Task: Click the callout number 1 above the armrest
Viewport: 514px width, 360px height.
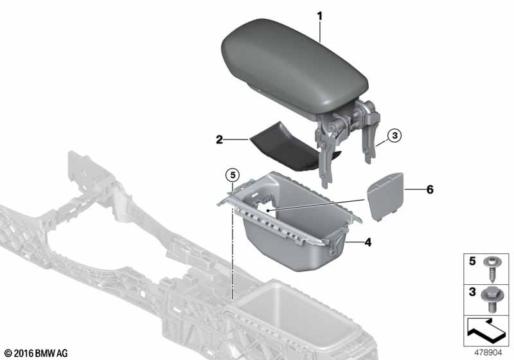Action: point(319,15)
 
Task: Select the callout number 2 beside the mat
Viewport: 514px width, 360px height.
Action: point(219,139)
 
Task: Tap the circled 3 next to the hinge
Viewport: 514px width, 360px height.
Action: point(394,135)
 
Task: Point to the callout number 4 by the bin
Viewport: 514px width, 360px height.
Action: point(368,242)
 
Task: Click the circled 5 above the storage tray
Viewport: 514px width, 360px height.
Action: point(233,175)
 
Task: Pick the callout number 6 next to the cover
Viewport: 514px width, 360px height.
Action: point(429,190)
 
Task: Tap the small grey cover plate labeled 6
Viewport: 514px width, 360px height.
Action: point(385,196)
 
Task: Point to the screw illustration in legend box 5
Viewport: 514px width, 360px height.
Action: point(492,270)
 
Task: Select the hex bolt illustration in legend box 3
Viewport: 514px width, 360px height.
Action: point(491,300)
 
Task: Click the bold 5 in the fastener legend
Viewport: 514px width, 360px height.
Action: point(472,261)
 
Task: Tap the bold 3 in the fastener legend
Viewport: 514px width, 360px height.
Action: point(472,291)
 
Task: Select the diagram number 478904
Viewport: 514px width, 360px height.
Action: point(488,352)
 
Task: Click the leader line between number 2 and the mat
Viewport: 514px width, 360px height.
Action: point(236,140)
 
